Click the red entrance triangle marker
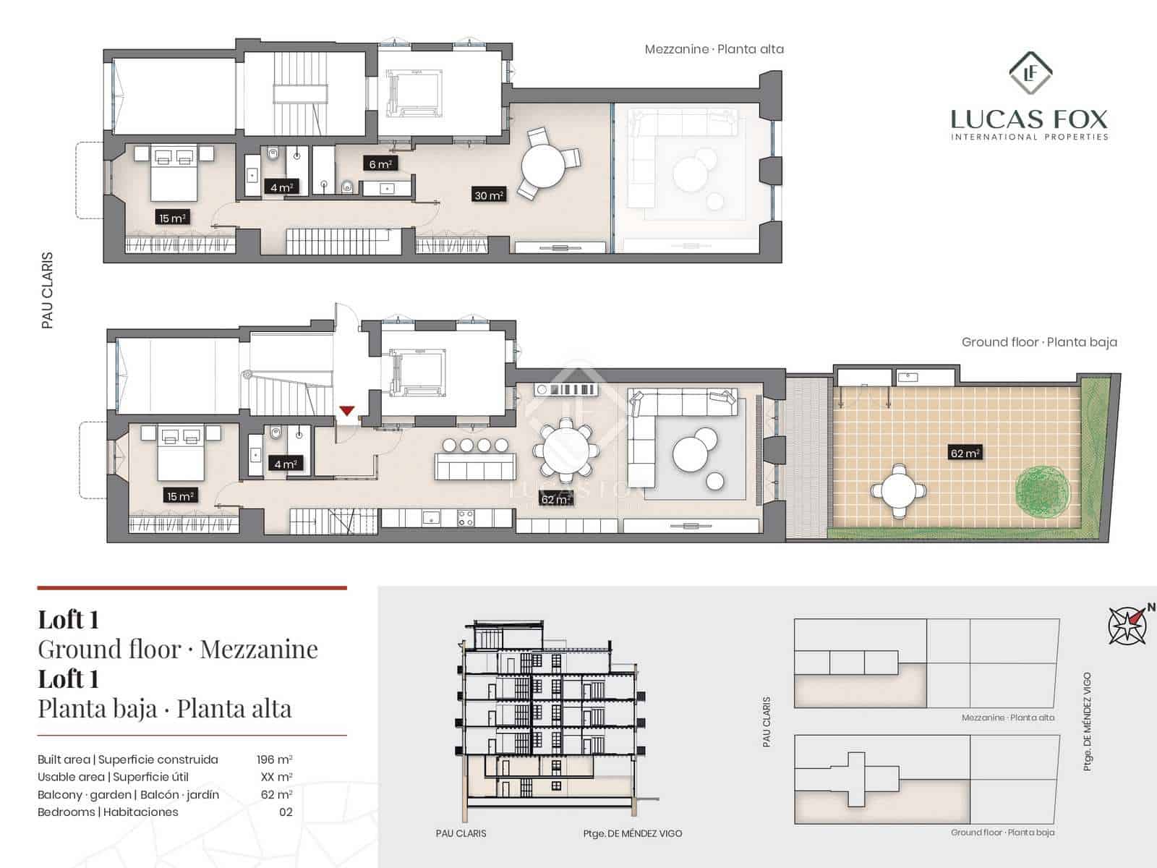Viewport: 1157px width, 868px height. [347, 411]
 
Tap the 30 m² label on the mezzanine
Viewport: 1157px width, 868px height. [489, 195]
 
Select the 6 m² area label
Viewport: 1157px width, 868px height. [380, 164]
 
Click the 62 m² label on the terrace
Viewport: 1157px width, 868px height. [965, 454]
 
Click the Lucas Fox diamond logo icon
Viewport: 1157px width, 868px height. [1030, 73]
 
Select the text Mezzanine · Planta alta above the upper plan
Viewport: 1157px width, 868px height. [714, 49]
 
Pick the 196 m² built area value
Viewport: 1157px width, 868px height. [274, 759]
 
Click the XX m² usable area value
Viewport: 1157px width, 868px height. [276, 777]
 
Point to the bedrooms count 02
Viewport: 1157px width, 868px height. [286, 812]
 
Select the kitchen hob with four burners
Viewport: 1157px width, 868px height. [466, 518]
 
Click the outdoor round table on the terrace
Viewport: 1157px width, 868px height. [899, 490]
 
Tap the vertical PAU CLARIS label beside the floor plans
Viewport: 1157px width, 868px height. [48, 290]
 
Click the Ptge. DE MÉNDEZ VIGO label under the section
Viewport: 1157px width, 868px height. [632, 833]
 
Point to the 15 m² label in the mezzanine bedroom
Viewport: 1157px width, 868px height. [173, 218]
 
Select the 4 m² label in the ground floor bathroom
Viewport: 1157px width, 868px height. [285, 464]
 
